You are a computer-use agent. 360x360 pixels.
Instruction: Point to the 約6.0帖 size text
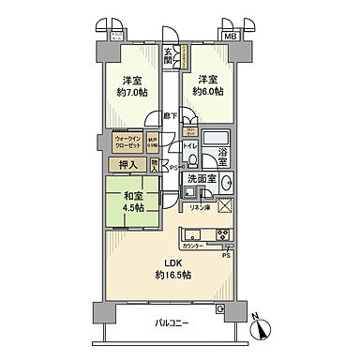pyautogui.click(x=208, y=93)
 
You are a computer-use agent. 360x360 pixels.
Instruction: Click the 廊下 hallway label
pyautogui.click(x=169, y=115)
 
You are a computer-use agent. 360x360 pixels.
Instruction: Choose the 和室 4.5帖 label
pyautogui.click(x=131, y=202)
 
